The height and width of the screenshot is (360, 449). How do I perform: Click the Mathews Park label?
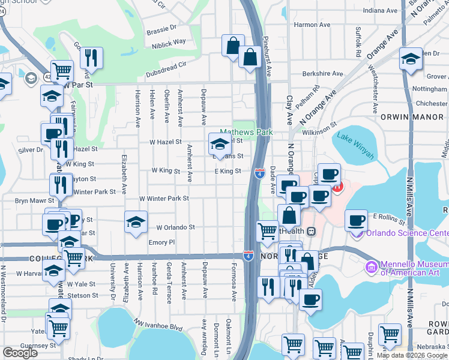pos(246,132)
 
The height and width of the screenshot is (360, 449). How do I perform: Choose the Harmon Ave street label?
pos(313,25)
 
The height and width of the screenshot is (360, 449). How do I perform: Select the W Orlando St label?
pos(176,227)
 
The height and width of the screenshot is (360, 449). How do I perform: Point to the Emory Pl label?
pos(161,242)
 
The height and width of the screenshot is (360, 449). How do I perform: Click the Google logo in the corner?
pos(20,353)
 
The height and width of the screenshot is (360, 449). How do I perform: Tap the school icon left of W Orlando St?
pos(136,223)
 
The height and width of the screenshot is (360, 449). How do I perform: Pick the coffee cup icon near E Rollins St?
pos(357,221)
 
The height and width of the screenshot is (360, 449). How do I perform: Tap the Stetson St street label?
pos(83,295)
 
